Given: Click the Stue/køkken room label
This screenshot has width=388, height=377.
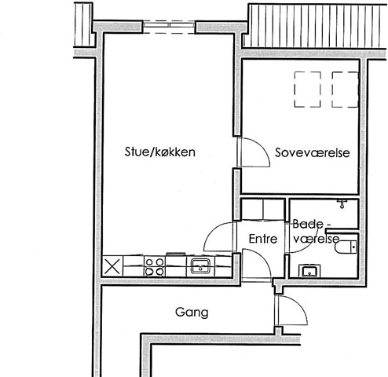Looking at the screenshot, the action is click(x=159, y=152).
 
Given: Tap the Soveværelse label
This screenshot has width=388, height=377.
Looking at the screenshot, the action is click(x=312, y=152).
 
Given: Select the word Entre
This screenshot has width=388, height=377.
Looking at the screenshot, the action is click(x=263, y=239).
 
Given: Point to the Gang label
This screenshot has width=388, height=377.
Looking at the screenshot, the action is click(x=192, y=313).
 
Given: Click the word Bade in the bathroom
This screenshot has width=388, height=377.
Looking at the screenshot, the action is click(x=308, y=224).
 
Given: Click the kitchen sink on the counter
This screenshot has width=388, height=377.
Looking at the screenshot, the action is click(x=200, y=265).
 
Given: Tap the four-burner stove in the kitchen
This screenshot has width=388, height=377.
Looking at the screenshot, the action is click(x=155, y=266).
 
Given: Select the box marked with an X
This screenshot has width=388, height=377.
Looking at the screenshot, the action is click(x=112, y=266).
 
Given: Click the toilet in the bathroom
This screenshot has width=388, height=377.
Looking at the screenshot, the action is click(x=346, y=247).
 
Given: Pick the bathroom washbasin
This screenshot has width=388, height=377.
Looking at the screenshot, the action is click(x=309, y=271).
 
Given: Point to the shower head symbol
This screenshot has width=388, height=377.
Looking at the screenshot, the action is click(x=342, y=203).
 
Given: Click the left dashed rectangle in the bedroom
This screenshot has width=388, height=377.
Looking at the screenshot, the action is click(x=308, y=90).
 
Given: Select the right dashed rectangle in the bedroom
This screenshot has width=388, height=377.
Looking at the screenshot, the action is click(x=345, y=90).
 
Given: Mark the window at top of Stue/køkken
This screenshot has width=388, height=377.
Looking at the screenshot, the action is click(x=170, y=27).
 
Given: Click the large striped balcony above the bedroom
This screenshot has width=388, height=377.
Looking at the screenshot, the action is click(x=317, y=26).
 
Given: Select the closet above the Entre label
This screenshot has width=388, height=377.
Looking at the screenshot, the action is click(x=263, y=210).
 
